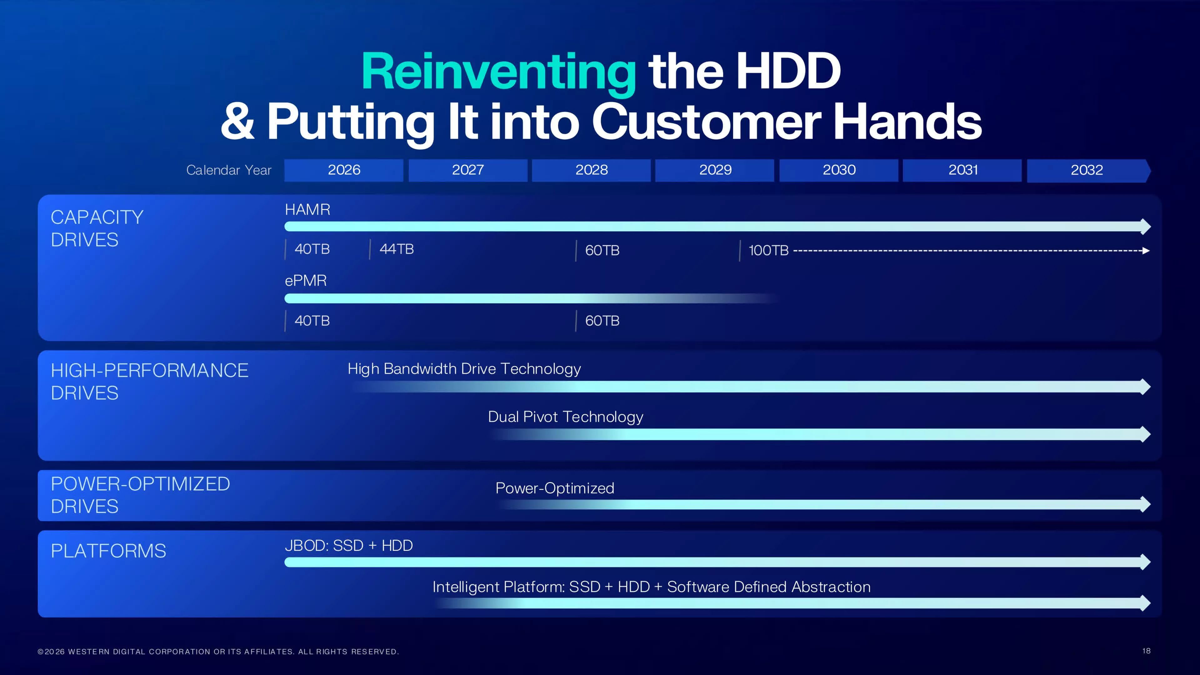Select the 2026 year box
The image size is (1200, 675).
[x=344, y=170]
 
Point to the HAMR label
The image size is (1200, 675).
[x=308, y=210]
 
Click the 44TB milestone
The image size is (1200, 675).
[x=396, y=249]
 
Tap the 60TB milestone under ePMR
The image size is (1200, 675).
[x=602, y=321]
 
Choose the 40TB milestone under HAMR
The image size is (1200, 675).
[x=312, y=249]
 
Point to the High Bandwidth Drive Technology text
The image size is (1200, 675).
[x=464, y=369]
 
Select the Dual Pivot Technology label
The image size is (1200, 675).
[x=565, y=417]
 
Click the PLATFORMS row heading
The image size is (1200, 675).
[x=108, y=551]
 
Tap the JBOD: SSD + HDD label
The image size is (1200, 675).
[x=349, y=546]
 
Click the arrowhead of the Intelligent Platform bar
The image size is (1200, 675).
[x=1146, y=603]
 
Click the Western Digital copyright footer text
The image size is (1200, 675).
[x=218, y=652]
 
